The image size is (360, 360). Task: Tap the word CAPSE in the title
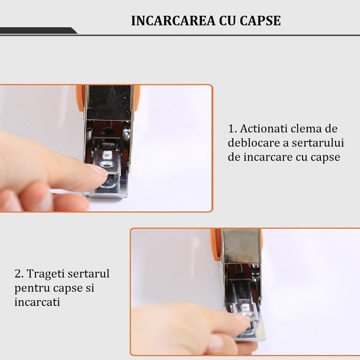[260, 21]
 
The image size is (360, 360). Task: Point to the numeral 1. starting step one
[232, 129]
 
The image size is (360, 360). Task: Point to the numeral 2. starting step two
[19, 274]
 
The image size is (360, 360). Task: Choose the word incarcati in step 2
[37, 301]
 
